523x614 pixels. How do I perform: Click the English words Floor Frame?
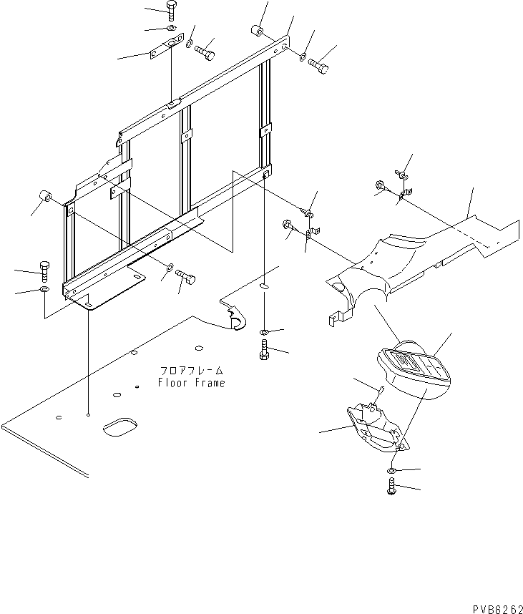tap(191, 383)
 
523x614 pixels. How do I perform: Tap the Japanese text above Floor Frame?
tap(191, 371)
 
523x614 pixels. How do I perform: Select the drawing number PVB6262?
tap(493, 605)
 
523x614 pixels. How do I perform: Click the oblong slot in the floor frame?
tap(120, 429)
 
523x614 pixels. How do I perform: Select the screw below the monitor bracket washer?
tap(392, 488)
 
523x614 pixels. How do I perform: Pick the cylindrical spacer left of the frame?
tap(45, 196)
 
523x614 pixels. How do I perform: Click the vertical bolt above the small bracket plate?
tap(172, 9)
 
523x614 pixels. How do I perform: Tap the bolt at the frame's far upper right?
tap(319, 66)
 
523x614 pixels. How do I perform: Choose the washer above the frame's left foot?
tap(44, 289)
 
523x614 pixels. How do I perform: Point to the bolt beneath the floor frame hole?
tap(265, 350)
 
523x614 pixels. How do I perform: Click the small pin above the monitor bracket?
tap(383, 389)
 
